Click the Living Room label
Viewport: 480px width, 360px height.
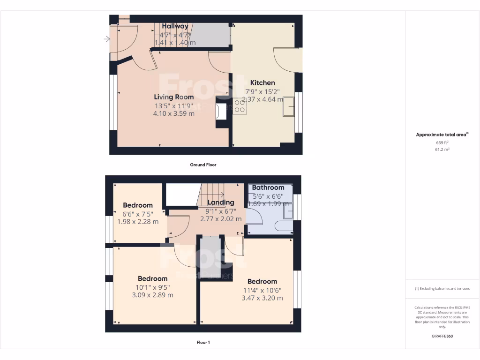point(174,97)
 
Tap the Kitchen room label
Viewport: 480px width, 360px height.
point(262,82)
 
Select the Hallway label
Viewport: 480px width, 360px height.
point(175,26)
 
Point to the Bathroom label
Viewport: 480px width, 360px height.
point(268,187)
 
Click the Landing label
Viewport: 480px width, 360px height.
point(221,202)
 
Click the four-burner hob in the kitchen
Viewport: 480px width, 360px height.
point(240,106)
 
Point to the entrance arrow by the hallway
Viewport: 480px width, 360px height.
point(107,39)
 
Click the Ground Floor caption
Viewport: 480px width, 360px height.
point(203,165)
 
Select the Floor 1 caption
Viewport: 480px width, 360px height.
point(203,343)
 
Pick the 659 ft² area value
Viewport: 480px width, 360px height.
point(442,142)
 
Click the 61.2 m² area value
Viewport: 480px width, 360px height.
point(442,150)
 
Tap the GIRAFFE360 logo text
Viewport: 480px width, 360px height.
point(442,336)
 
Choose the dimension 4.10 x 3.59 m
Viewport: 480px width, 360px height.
point(174,113)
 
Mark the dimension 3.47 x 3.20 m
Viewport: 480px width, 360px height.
point(262,298)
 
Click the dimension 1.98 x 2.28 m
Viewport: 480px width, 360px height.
point(138,221)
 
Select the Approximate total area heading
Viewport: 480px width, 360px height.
point(442,135)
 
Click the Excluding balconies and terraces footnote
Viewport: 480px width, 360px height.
point(442,289)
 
